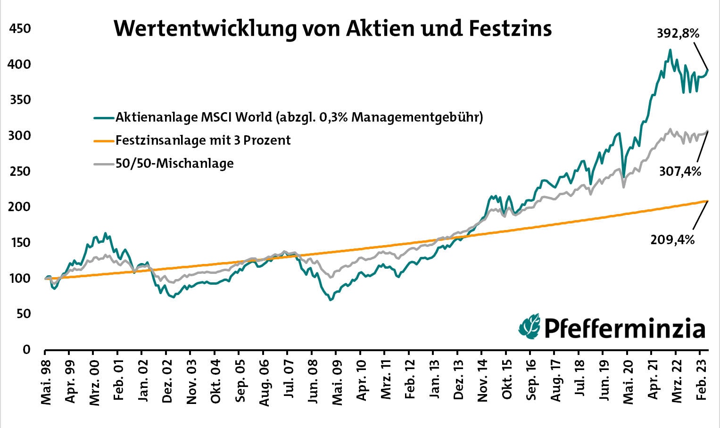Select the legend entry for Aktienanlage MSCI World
click(299, 117)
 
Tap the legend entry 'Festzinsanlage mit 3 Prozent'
click(203, 140)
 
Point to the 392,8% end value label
click(678, 33)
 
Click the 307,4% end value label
click(680, 172)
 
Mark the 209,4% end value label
click(672, 240)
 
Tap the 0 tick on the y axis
click(26, 350)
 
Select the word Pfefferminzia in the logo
click(625, 328)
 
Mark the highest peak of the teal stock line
click(670, 49)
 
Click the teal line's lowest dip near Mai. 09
click(330, 300)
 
